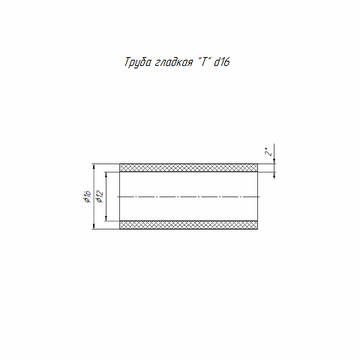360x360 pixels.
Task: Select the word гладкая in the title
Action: click(173, 62)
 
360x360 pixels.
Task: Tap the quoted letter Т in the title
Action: click(204, 61)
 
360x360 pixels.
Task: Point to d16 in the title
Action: click(222, 62)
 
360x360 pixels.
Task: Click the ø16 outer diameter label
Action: click(87, 196)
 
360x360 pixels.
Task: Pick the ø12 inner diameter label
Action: click(100, 196)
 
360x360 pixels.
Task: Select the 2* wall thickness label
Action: click(268, 152)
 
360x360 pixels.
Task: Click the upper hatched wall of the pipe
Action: click(188, 168)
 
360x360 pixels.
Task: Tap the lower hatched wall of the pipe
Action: click(188, 225)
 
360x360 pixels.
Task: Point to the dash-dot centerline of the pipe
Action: click(188, 196)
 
